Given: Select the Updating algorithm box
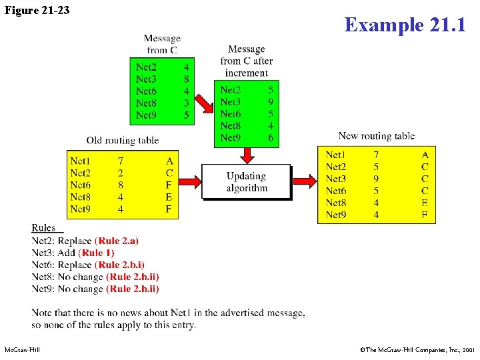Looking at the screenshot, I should [x=246, y=182].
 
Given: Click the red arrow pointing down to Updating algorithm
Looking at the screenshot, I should [x=247, y=155].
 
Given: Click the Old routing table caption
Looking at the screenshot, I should [x=123, y=140].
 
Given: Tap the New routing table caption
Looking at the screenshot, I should [x=376, y=136].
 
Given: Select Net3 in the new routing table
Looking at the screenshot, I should [x=336, y=179].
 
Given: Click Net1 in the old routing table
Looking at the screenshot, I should [x=80, y=161].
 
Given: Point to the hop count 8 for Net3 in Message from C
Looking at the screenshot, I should [x=186, y=79].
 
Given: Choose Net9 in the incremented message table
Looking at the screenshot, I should [x=230, y=138].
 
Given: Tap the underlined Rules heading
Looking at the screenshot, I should [x=43, y=228].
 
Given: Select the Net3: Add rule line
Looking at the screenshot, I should [x=73, y=253].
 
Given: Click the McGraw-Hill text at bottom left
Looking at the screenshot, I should [x=22, y=349].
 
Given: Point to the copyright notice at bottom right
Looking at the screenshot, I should [x=417, y=349].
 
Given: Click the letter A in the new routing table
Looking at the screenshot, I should [x=425, y=155].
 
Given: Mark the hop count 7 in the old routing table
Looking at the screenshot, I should [x=120, y=161].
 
